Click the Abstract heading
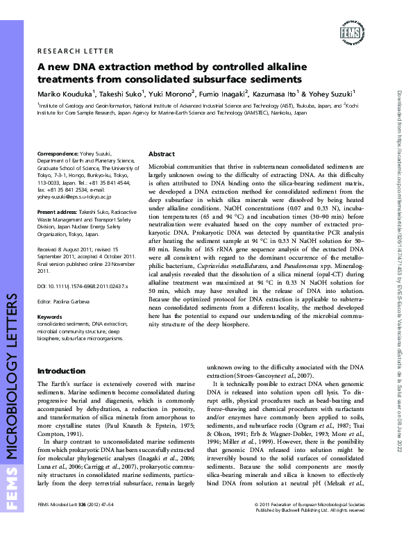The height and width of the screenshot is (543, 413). point(162,154)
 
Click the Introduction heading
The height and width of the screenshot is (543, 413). point(61,371)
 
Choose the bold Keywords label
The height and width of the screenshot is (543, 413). point(49,317)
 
